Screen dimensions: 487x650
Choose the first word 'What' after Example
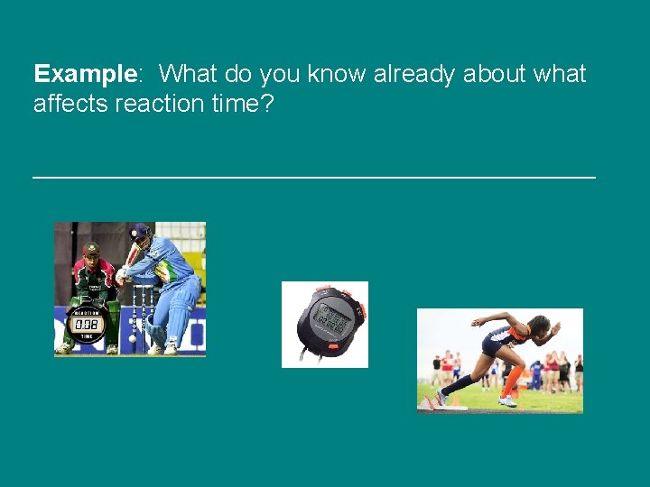click(192, 74)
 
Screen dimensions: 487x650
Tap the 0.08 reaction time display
click(88, 322)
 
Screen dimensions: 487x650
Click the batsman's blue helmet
click(139, 232)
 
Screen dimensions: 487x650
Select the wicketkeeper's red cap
click(90, 248)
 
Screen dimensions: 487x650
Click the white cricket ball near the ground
click(133, 340)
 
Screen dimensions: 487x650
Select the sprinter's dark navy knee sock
click(461, 384)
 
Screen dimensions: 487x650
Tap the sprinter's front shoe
click(507, 400)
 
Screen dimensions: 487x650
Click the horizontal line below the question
click(314, 178)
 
